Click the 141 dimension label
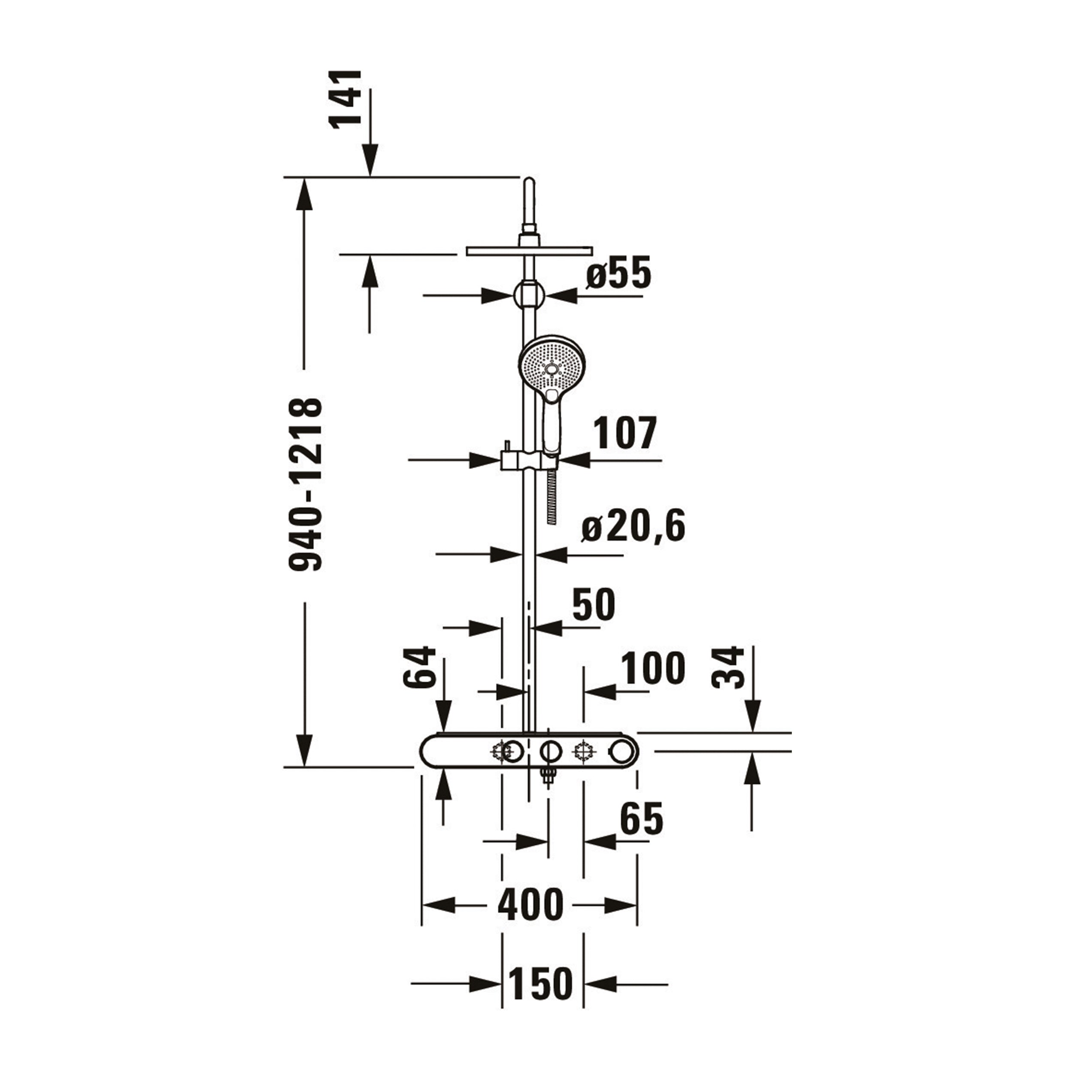(x=346, y=100)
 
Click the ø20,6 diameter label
(x=633, y=526)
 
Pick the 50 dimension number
(x=594, y=604)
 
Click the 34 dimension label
(x=728, y=667)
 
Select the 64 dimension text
(x=420, y=667)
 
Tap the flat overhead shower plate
(x=529, y=251)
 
